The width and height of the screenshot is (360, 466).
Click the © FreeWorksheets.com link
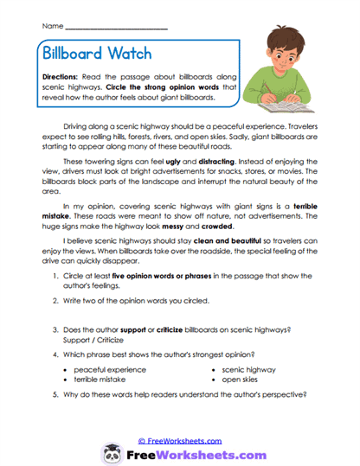click(x=179, y=440)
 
